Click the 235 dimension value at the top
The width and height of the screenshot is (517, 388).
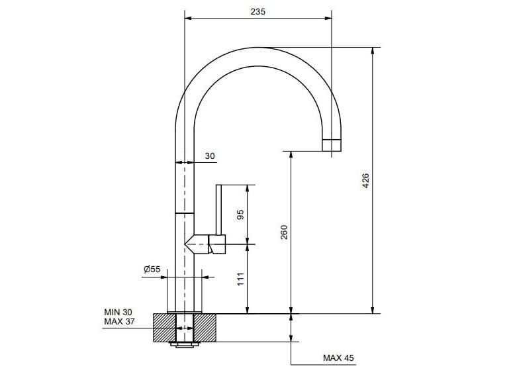pyautogui.click(x=258, y=11)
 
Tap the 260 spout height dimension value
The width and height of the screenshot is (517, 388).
pyautogui.click(x=284, y=232)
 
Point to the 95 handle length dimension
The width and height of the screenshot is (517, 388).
pyautogui.click(x=241, y=215)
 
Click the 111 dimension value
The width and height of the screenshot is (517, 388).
pyautogui.click(x=241, y=279)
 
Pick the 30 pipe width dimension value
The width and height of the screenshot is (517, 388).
pyautogui.click(x=210, y=156)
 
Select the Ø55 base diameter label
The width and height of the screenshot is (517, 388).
pyautogui.click(x=152, y=269)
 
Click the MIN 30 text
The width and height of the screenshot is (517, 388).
pyautogui.click(x=118, y=311)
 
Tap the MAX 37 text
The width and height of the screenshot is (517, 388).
pyautogui.click(x=118, y=322)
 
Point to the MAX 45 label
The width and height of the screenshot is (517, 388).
pyautogui.click(x=338, y=358)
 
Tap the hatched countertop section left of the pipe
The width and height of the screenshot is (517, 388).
pyautogui.click(x=164, y=328)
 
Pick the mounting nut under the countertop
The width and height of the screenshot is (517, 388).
pyautogui.click(x=184, y=344)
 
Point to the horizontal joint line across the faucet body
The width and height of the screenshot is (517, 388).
pyautogui.click(x=185, y=213)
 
